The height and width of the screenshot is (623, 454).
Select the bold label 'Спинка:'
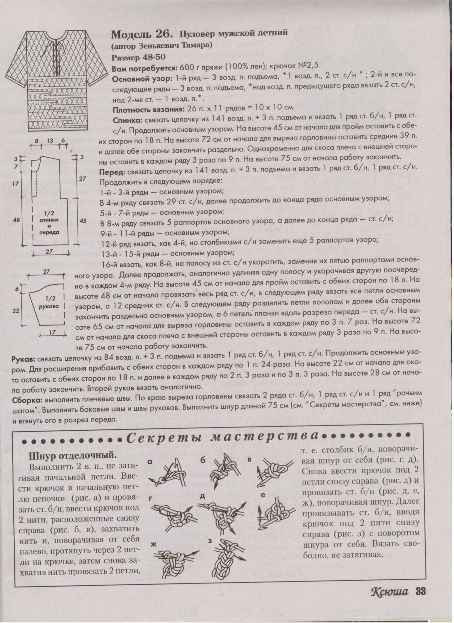pyautogui.click(x=128, y=120)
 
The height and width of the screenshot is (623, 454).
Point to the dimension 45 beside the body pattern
pyautogui.click(x=83, y=221)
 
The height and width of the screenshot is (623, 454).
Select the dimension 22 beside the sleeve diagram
pyautogui.click(x=16, y=311)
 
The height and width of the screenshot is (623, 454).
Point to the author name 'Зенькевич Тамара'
pyautogui.click(x=176, y=45)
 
